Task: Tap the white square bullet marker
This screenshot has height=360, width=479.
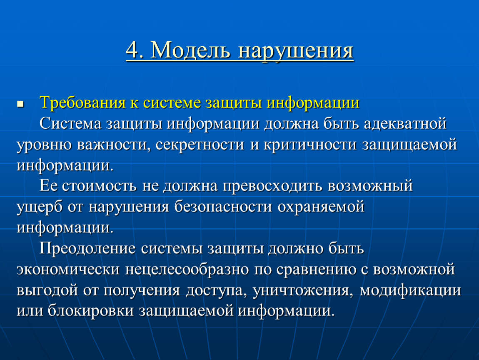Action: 20,104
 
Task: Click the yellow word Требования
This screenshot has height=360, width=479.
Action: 82,102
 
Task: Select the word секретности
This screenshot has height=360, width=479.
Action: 200,145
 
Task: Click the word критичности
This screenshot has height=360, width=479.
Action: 310,145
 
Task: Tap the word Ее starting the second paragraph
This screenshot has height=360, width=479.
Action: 48,186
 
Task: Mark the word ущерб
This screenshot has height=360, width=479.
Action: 40,207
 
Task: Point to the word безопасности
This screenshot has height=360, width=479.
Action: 223,207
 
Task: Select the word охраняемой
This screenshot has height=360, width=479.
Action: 321,207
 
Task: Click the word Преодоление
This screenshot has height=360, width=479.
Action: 87,248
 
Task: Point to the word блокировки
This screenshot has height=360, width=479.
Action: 91,310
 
